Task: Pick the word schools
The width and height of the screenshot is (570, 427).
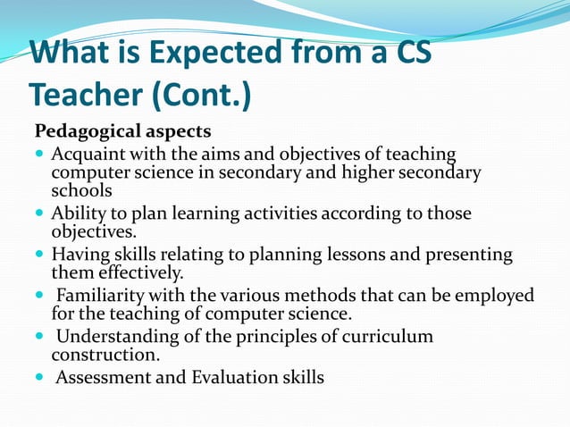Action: [x=81, y=190]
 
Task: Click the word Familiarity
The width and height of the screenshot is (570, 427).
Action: [x=100, y=296]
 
